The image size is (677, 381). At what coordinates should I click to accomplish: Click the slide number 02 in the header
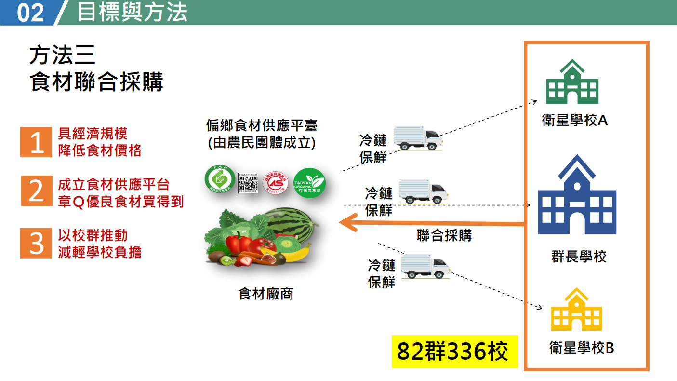(30, 13)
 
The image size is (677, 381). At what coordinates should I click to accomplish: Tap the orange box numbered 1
(36, 142)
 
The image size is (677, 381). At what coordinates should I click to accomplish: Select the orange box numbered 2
(36, 191)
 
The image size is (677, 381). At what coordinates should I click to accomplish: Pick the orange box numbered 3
(36, 243)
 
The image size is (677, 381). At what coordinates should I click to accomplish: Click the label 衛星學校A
(574, 120)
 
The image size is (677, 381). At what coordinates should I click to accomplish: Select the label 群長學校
(579, 256)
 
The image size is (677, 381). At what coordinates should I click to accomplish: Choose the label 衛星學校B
(582, 347)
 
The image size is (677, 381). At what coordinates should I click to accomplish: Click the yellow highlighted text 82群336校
(453, 352)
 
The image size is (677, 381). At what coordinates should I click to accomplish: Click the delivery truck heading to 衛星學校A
(417, 138)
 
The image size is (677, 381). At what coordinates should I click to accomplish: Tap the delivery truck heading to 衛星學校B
(425, 267)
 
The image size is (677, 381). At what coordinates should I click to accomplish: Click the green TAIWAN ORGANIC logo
(309, 182)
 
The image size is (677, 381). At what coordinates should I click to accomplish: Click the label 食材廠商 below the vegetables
(266, 294)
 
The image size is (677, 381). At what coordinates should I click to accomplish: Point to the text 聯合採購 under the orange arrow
(444, 235)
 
